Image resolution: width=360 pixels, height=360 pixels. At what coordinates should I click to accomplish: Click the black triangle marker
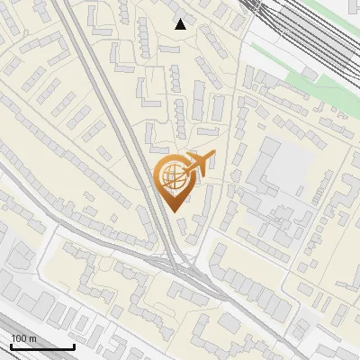pos(181,24)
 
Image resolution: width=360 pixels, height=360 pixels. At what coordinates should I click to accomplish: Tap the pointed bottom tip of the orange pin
pos(175,212)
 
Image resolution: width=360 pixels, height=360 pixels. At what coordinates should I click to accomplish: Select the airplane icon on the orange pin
pos(199,164)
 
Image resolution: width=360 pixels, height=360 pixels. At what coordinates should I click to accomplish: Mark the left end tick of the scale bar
pos(10,346)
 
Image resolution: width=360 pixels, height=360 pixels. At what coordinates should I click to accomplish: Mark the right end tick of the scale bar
pos(74,346)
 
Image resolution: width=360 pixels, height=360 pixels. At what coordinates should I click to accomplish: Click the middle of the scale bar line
pos(42,347)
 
